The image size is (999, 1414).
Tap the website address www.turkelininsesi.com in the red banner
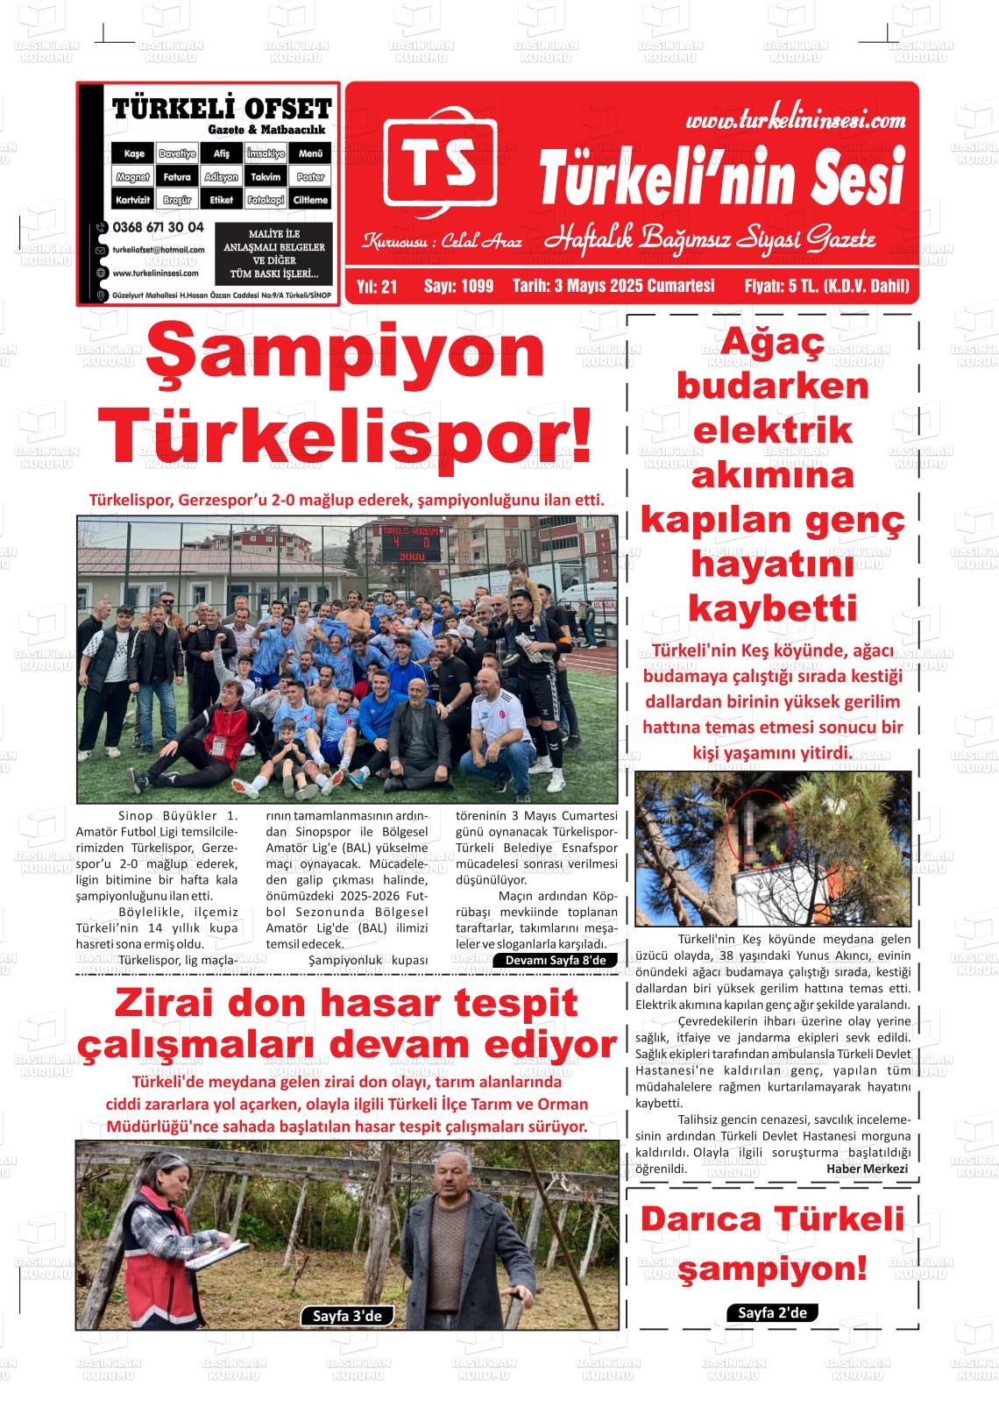point(795,120)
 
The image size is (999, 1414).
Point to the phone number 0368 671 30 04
point(158,227)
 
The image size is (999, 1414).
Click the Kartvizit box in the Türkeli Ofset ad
point(134,200)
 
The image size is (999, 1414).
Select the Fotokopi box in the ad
point(266,200)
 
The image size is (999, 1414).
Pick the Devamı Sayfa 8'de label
point(556,960)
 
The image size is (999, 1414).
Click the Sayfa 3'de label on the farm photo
point(347,1316)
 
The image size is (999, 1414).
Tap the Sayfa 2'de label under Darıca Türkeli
point(772,1312)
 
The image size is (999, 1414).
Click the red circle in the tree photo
point(759,823)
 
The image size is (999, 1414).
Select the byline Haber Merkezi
point(867,1169)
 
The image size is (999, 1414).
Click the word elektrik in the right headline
point(772,430)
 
